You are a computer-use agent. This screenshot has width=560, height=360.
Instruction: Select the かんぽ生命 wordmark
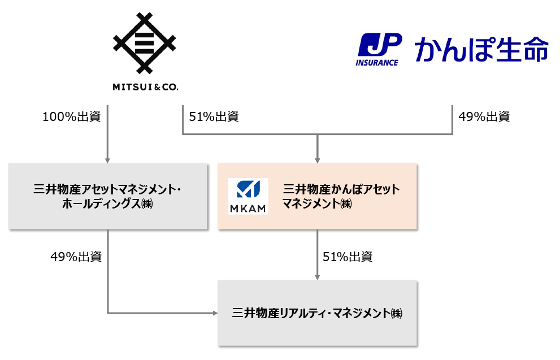pos(481,50)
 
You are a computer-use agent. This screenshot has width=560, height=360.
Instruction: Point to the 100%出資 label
pos(72,117)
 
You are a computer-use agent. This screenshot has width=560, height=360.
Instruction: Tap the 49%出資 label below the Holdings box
pos(76,257)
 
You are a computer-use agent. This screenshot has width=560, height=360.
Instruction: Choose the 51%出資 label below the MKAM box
pos(348,257)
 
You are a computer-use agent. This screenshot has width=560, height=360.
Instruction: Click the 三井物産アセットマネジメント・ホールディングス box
pos(107,196)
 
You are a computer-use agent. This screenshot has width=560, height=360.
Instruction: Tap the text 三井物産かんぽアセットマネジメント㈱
pos(341,196)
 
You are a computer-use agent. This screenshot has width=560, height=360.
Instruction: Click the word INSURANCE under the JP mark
pos(377,62)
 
